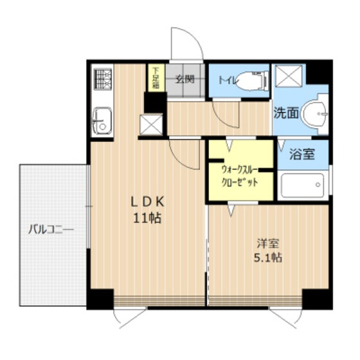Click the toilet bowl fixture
(x=252, y=81)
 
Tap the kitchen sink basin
(x=102, y=121)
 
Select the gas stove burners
(x=103, y=78)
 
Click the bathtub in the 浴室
(x=303, y=186)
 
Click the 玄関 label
(x=185, y=80)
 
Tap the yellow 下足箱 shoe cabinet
(x=156, y=78)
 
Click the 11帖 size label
(x=147, y=218)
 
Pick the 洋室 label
(x=268, y=244)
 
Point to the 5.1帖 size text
(x=268, y=258)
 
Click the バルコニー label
(x=51, y=230)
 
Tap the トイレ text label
(x=228, y=80)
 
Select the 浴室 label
(x=302, y=154)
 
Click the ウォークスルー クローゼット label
(x=239, y=176)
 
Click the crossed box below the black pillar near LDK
(x=151, y=125)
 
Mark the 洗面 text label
(x=287, y=113)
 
